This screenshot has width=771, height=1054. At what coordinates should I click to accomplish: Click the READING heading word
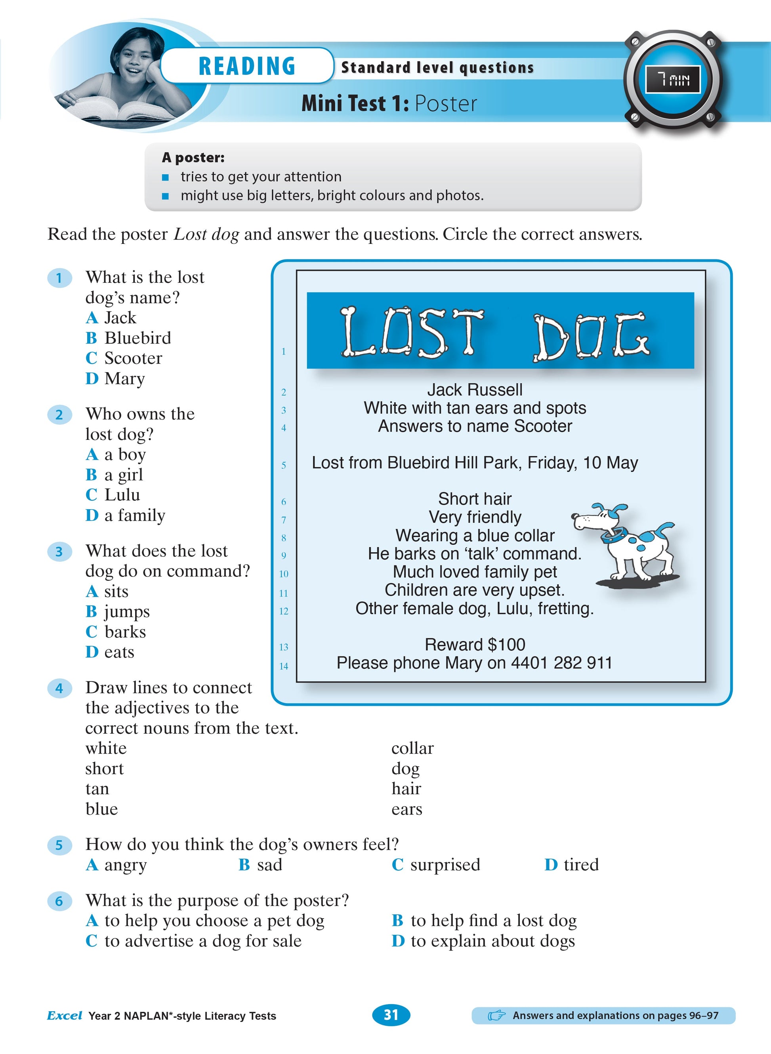pyautogui.click(x=247, y=66)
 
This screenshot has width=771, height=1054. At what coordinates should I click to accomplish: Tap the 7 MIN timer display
pyautogui.click(x=672, y=80)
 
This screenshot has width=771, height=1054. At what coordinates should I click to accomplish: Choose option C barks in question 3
pyautogui.click(x=116, y=632)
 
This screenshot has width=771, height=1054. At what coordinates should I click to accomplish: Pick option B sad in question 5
pyautogui.click(x=260, y=865)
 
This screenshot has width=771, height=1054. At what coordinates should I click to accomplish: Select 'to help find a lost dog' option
pyautogui.click(x=485, y=921)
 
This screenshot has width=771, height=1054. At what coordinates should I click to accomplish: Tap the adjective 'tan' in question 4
pyautogui.click(x=97, y=789)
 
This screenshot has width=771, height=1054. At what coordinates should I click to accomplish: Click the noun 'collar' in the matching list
pyautogui.click(x=412, y=748)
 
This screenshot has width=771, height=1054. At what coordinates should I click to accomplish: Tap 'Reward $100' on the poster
pyautogui.click(x=475, y=645)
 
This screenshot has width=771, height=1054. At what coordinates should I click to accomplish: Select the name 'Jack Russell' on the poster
pyautogui.click(x=475, y=390)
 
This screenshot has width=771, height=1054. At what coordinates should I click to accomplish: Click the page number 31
pyautogui.click(x=391, y=1015)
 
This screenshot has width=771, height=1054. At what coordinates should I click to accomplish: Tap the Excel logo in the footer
pyautogui.click(x=65, y=1015)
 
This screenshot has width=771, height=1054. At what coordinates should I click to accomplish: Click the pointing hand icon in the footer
pyautogui.click(x=496, y=1015)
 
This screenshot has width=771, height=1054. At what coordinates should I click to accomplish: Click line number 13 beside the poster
pyautogui.click(x=284, y=647)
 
